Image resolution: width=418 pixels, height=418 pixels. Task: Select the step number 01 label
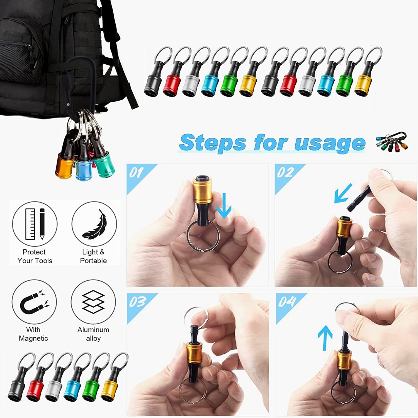[x=136, y=173]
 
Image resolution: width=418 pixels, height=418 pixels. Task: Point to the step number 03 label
[x=137, y=302]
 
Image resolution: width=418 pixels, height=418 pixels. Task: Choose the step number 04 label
[x=287, y=302]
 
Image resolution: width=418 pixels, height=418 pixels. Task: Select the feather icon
[x=94, y=224]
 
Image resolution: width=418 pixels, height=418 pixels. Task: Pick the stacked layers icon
[x=93, y=302]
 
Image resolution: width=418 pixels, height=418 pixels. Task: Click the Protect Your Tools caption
[x=35, y=256]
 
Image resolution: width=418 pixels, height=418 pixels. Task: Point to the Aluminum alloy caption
[x=93, y=334]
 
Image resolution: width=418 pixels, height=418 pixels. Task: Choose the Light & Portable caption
[x=93, y=256]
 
